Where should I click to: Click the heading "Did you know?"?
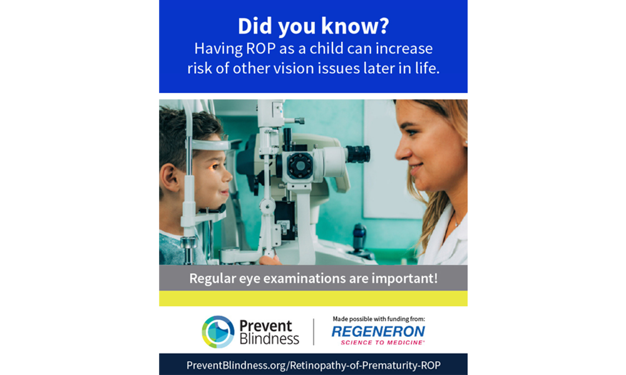click(313, 26)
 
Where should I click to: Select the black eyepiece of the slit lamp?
click(357, 154)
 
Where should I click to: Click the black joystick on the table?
click(359, 237)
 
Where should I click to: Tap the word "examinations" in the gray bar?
click(309, 278)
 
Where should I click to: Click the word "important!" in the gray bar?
click(408, 278)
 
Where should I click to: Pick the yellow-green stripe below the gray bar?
click(313, 298)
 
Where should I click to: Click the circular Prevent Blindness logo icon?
click(218, 331)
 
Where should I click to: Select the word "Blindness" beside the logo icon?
click(269, 339)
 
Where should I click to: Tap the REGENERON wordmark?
click(378, 331)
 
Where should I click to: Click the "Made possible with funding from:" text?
click(378, 319)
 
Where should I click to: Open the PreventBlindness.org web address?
click(313, 364)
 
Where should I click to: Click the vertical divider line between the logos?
click(314, 331)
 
